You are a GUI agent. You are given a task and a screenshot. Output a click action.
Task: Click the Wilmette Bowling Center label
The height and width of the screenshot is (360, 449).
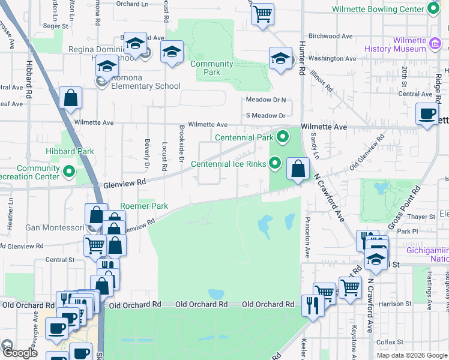[378, 9]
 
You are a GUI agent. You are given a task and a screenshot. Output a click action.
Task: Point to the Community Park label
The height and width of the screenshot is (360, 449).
[211, 68]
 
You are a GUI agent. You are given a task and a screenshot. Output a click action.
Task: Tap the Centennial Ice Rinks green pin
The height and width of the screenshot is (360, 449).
[276, 163]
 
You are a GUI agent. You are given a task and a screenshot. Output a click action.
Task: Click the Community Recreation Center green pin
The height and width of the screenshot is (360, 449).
[69, 173]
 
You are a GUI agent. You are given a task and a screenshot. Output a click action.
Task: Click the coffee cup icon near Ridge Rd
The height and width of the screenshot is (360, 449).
[427, 114]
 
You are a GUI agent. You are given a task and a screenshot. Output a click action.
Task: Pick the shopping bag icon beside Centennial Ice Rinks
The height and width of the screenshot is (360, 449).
[298, 169]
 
